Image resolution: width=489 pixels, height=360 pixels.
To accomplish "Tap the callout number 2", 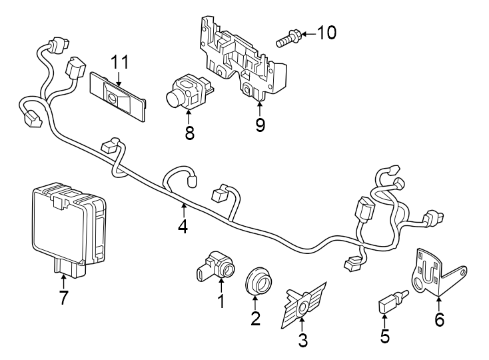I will coord(255,318).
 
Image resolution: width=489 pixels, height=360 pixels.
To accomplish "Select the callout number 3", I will coord(302,341).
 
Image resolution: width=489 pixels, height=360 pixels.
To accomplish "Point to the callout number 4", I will coord(183,227).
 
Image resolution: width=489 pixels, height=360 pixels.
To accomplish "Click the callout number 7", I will coord(63,297).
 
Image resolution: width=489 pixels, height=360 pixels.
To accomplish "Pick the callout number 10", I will coord(326,32).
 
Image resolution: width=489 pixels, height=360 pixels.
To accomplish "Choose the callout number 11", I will coord(119,63).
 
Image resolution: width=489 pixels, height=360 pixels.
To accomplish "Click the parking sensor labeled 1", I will coord(217,267).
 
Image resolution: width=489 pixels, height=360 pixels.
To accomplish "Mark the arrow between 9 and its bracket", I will coord(260,107).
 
